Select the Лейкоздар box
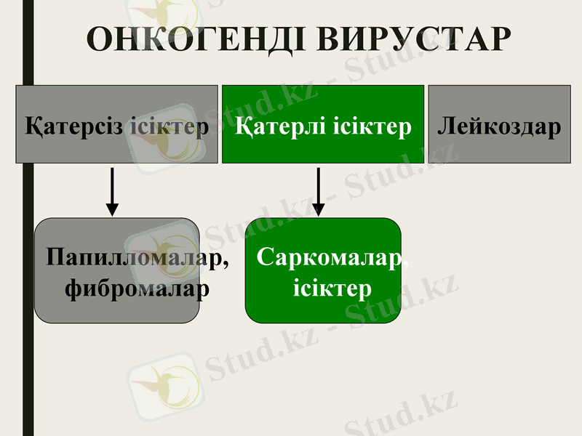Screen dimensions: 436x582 [499, 124]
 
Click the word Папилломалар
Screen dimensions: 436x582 [131, 258]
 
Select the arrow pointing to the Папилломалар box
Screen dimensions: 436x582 [112, 190]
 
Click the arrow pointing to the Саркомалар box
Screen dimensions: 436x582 [318, 190]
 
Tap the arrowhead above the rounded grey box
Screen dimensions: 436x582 [112, 209]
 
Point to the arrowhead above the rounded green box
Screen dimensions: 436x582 [318, 209]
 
